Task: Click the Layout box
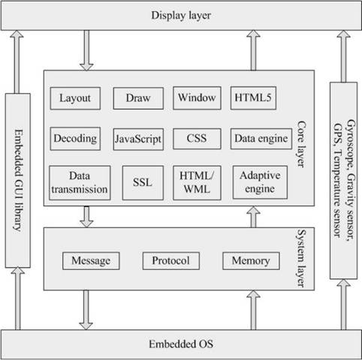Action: pos(75,98)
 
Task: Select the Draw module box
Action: pos(138,98)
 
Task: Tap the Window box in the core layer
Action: pos(197,98)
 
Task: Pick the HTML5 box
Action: pos(253,98)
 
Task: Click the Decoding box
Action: pos(75,139)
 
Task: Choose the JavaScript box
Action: pos(138,139)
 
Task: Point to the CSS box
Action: pos(197,139)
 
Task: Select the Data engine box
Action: pos(261,139)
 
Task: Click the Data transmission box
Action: pos(80,183)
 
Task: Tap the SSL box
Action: pos(143,183)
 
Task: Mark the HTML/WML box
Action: pos(197,183)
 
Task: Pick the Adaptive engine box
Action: pos(260,182)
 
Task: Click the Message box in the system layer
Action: pos(91,261)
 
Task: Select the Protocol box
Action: pos(171,261)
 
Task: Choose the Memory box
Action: pos(251,261)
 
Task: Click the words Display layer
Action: pos(181,15)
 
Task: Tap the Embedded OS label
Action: pos(181,344)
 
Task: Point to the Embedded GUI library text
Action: pos(18,181)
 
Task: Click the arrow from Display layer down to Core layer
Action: pos(86,50)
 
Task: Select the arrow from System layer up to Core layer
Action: pos(253,217)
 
